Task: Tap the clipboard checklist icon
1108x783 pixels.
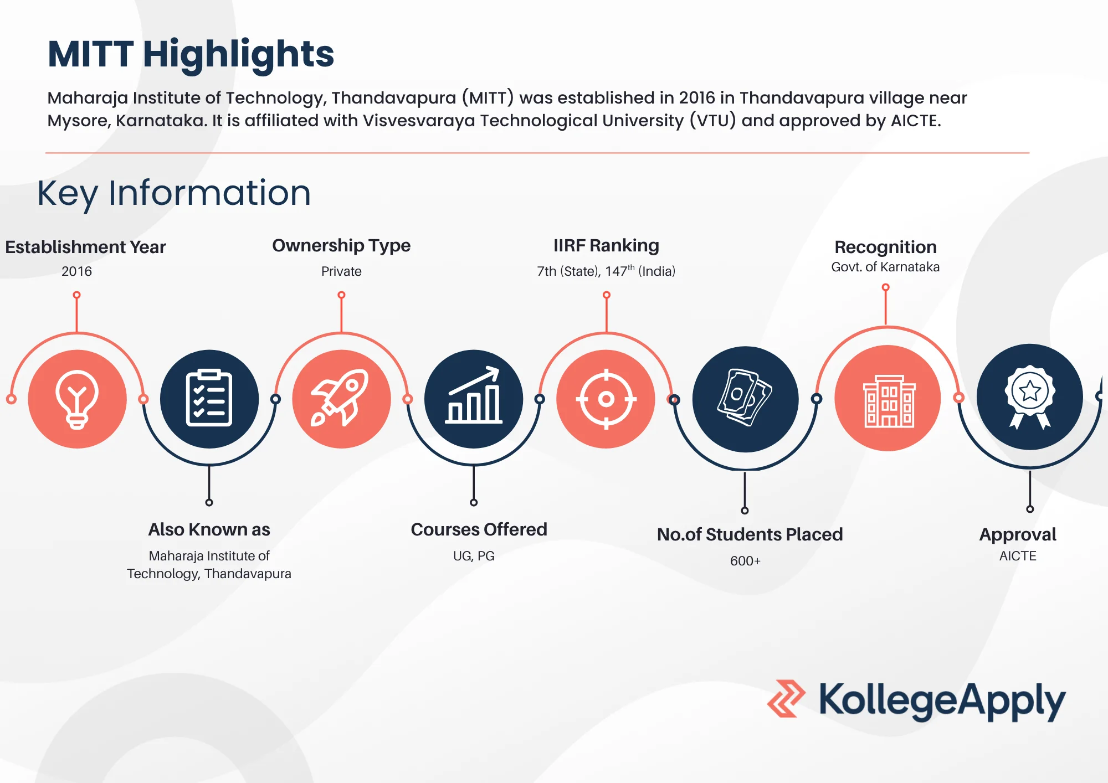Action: coord(209,398)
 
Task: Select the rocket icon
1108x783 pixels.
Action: coord(340,398)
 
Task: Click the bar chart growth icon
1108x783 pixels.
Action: coord(474,395)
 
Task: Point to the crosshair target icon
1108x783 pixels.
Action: coord(606,399)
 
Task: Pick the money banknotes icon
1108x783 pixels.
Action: coord(745,398)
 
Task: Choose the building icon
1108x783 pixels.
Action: coord(889,401)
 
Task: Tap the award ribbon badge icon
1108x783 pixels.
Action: coord(1030,396)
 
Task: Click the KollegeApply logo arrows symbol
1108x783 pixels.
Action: coord(786,699)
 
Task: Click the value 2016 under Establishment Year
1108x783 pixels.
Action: coord(76,271)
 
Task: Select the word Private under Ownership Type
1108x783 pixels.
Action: coord(341,271)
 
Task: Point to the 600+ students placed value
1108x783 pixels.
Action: coord(745,561)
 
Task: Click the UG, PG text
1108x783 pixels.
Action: coord(474,556)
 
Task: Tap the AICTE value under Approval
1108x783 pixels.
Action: coord(1018,556)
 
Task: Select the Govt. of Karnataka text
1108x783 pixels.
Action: coord(885,267)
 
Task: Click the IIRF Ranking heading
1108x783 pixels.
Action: coord(606,245)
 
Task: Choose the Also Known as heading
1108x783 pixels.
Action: coord(209,529)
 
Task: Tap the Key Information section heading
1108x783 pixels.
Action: coord(174,194)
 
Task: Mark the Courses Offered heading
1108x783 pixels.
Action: coord(479,529)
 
